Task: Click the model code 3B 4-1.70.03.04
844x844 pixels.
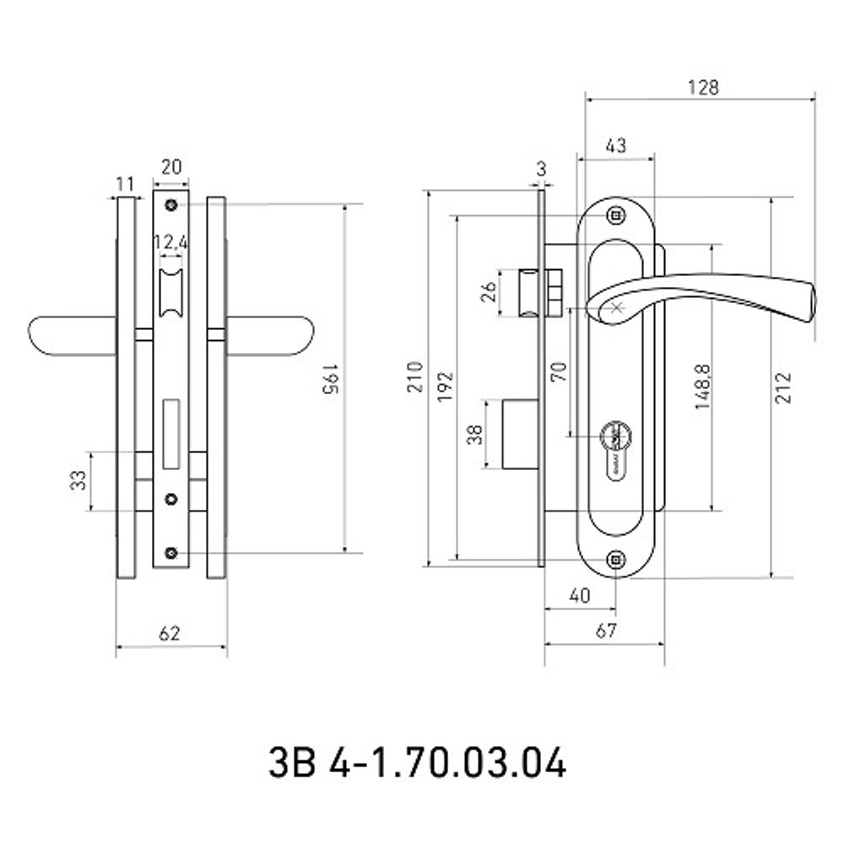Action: (417, 762)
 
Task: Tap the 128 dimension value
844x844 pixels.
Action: (703, 87)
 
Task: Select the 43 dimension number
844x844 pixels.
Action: (616, 145)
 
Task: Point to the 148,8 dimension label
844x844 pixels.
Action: (703, 387)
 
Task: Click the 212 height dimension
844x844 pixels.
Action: (784, 387)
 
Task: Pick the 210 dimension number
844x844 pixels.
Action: (415, 376)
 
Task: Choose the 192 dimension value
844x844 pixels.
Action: (446, 387)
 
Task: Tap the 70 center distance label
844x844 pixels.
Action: (560, 372)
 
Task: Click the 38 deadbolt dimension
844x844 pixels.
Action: (474, 435)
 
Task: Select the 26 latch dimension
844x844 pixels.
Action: (489, 292)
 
